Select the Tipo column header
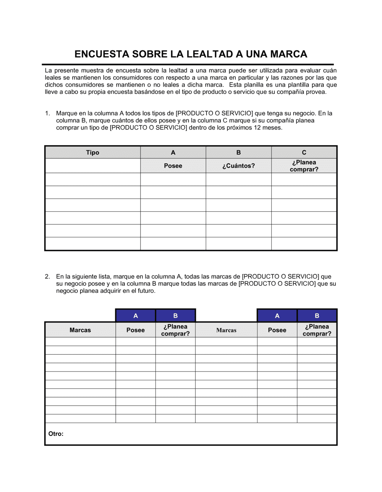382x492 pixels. click(92, 153)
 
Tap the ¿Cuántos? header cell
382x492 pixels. click(238, 166)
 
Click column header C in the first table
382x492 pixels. click(304, 153)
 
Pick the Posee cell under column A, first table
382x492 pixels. click(173, 166)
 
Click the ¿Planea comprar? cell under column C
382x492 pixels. click(304, 166)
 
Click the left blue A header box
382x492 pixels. click(136, 316)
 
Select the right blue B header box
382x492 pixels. click(317, 316)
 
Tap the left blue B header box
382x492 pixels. click(176, 316)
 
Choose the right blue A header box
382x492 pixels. click(277, 316)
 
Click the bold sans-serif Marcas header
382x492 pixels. click(80, 330)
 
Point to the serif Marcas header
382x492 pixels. click(226, 330)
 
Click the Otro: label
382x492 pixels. click(56, 434)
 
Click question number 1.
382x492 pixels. click(47, 113)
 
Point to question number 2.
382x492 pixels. click(47, 277)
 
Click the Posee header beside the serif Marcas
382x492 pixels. click(277, 330)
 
